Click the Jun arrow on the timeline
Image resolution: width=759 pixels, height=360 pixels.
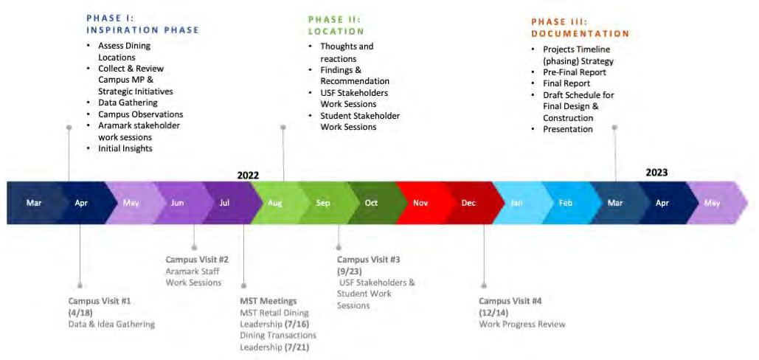178,203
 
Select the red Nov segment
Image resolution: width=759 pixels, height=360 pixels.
420,203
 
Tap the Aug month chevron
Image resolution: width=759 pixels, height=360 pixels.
274,203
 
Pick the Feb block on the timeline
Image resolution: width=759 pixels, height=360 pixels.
566,203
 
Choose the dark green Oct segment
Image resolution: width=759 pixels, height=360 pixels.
371,203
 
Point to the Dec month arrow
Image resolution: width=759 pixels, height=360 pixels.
468,203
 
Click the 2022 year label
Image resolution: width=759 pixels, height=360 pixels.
249,176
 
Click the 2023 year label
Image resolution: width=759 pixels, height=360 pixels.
656,172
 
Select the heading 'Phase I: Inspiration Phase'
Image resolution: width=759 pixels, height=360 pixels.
142,24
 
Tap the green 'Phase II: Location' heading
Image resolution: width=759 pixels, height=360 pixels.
336,25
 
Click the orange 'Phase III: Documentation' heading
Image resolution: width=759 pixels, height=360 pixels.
580,27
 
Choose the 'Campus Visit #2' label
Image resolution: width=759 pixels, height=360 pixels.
197,260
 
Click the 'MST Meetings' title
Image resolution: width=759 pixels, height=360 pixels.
268,301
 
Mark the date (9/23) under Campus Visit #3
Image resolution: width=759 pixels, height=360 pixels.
350,271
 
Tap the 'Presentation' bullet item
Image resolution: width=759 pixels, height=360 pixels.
568,129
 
